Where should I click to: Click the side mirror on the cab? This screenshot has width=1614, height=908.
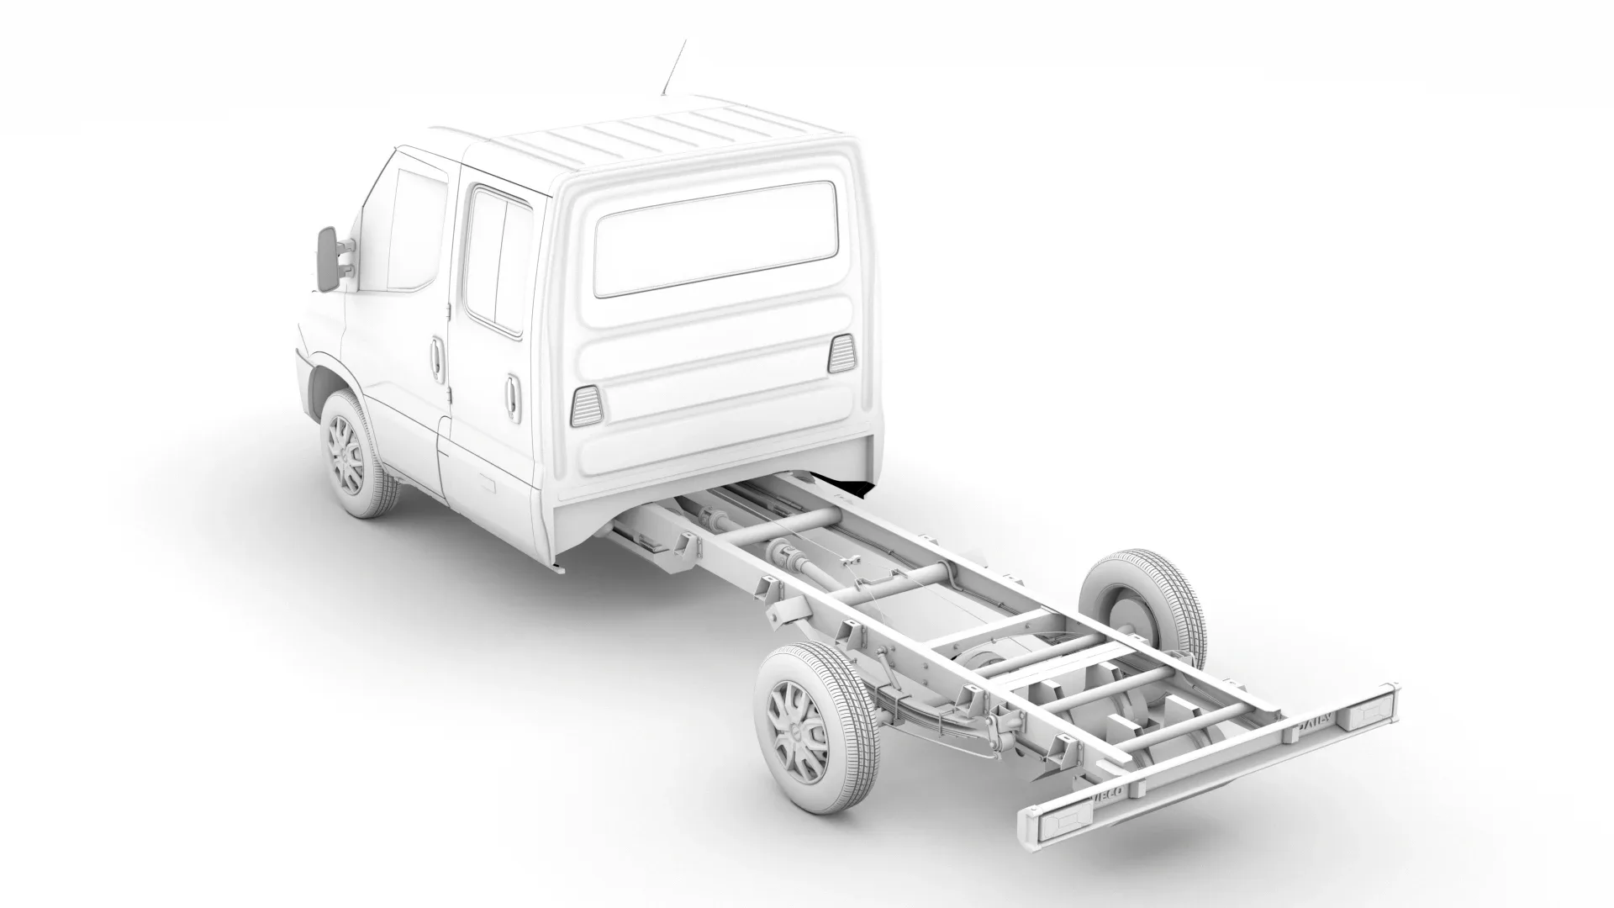(326, 259)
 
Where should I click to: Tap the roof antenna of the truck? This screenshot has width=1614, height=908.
(673, 66)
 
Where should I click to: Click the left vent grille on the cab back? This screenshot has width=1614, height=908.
(586, 405)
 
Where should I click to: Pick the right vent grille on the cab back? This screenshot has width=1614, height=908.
(841, 353)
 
